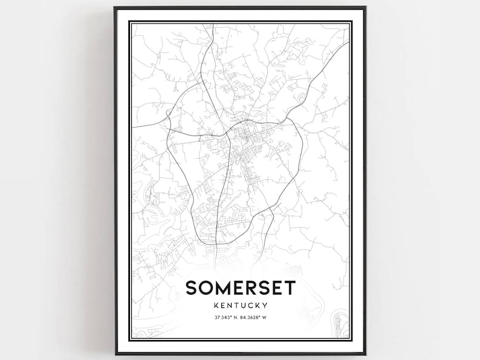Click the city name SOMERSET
click(240, 289)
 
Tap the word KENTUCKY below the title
click(240, 306)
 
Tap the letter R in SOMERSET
click(262, 289)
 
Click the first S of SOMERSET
click(192, 289)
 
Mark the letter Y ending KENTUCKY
click(265, 306)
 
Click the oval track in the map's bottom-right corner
click(340, 321)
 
